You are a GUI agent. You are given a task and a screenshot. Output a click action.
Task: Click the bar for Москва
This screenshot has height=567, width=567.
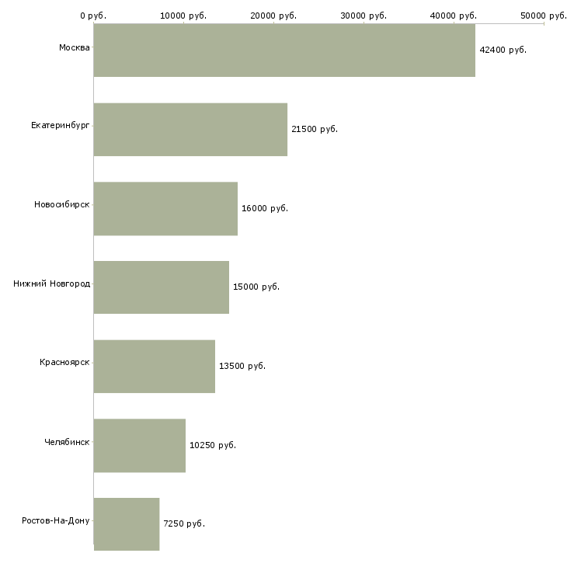(284, 50)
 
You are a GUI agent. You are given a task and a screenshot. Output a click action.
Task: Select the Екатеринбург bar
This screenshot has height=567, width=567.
(190, 130)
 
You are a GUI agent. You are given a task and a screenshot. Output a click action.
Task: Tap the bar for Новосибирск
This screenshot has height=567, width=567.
(165, 209)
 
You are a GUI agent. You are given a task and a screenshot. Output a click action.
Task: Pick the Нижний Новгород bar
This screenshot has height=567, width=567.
(162, 287)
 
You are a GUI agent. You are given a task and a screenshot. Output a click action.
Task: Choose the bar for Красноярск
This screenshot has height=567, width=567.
(155, 367)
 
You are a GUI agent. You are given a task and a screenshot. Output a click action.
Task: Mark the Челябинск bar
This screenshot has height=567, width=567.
(140, 446)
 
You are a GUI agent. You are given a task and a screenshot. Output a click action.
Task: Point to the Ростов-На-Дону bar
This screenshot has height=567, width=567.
(127, 524)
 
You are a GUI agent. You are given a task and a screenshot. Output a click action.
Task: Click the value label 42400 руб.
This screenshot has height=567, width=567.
(503, 50)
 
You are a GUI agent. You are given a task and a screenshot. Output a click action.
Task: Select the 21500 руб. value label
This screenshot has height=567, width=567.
(315, 129)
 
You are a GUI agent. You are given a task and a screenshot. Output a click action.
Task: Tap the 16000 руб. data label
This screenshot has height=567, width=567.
(265, 208)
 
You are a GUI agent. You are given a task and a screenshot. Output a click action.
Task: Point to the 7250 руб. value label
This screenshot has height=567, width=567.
(184, 524)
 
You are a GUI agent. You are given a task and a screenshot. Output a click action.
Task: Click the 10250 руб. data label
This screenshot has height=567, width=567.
(213, 445)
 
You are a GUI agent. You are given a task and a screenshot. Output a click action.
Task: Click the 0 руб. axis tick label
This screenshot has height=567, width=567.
(93, 16)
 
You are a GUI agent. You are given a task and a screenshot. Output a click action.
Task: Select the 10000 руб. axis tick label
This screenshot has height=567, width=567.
(183, 16)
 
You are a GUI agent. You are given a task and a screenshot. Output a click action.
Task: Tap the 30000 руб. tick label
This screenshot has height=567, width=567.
(364, 16)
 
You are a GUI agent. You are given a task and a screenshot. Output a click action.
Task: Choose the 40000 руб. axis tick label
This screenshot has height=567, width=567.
(454, 16)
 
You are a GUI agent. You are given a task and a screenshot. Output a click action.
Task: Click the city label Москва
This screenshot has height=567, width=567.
(75, 47)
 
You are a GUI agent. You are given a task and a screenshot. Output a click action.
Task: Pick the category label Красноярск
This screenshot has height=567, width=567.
(64, 362)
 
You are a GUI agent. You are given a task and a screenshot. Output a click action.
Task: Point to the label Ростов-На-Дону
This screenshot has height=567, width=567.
(56, 520)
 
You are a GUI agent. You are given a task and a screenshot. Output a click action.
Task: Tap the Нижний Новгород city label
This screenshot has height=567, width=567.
(52, 283)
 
